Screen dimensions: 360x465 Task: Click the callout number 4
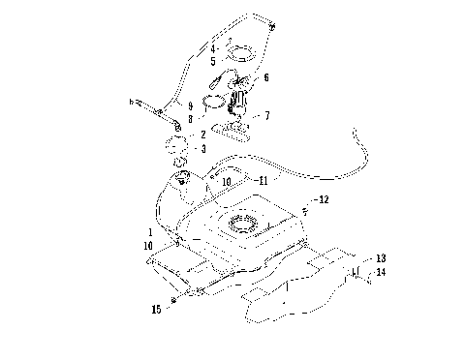[212, 47]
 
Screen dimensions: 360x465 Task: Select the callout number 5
[212, 60]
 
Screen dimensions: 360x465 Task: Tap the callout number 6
[266, 77]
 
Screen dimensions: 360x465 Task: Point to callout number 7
[266, 114]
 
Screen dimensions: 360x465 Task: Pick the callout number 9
[192, 105]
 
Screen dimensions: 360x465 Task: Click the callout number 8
[192, 117]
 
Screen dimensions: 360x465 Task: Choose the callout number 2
[202, 135]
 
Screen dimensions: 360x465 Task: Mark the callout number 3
[202, 149]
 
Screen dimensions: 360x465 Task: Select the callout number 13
[381, 258]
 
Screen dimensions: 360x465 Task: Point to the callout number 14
[381, 274]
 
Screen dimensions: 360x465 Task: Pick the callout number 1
[149, 233]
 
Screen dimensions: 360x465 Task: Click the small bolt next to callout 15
[172, 302]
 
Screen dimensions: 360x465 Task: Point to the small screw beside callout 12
[304, 208]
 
